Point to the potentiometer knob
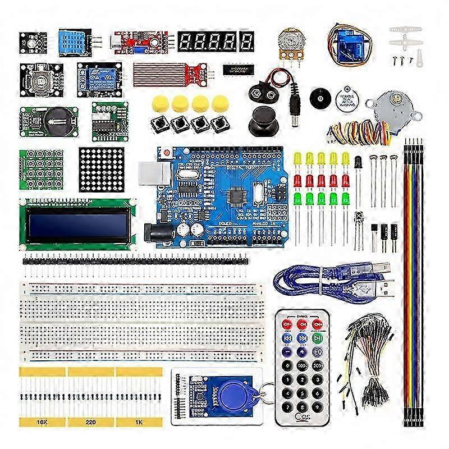point(288,41)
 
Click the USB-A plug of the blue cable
point(382,289)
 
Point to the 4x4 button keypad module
point(40,169)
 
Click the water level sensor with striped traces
point(163,74)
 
